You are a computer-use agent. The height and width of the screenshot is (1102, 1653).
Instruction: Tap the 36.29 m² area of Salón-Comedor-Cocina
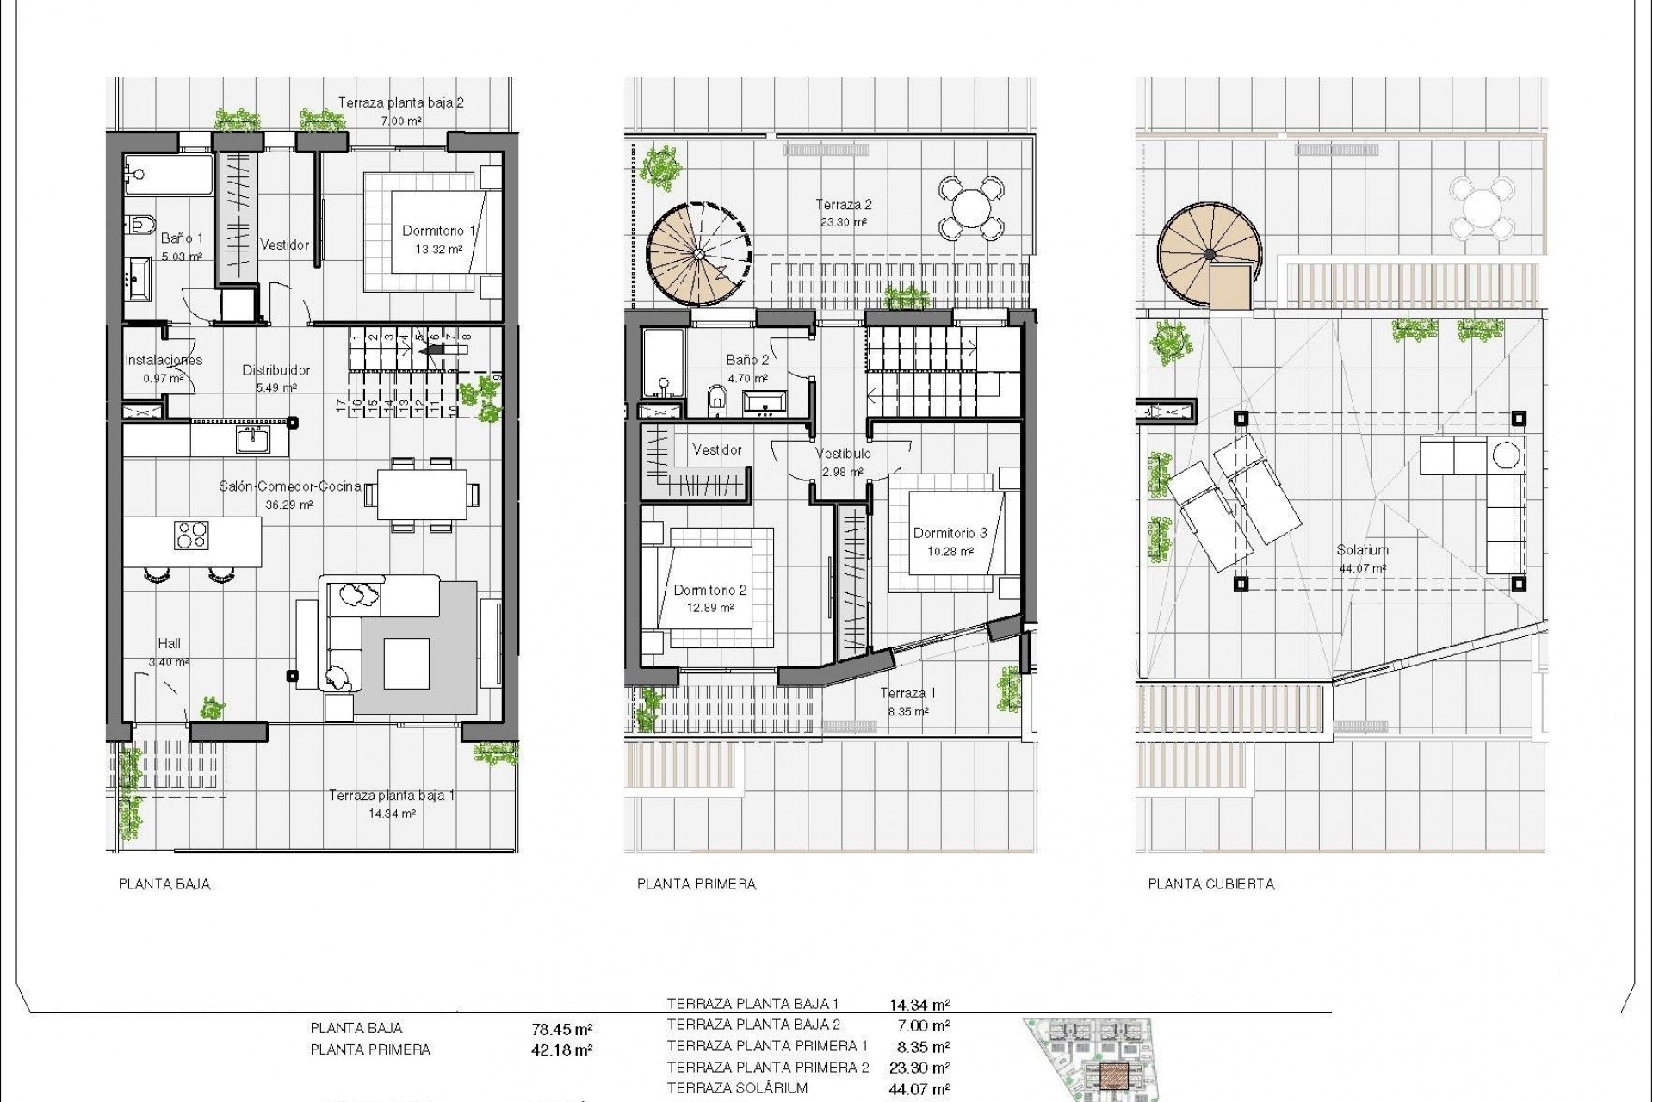[290, 505]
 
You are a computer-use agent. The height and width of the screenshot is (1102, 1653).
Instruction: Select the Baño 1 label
[182, 238]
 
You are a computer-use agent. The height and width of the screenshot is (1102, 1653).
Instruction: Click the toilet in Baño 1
[142, 225]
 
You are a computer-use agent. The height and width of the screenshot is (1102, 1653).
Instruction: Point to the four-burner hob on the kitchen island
[192, 535]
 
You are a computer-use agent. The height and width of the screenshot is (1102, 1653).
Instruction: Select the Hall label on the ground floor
[169, 643]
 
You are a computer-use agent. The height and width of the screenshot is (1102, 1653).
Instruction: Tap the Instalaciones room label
[164, 360]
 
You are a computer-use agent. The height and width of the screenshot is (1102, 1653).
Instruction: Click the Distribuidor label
[275, 370]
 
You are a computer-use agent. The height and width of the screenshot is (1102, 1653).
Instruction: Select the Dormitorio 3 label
[950, 533]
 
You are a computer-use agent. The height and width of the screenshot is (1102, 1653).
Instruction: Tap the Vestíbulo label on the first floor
[843, 453]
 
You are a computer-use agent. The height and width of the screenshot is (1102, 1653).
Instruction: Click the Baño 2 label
[746, 360]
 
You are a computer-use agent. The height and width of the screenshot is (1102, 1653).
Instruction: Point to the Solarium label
[1362, 549]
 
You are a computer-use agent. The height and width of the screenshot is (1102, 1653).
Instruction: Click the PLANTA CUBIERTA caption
[1210, 884]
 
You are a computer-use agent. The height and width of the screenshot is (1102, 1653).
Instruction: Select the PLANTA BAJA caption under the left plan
[164, 884]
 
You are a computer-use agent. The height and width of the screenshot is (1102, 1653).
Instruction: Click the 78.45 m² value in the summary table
[562, 1028]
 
